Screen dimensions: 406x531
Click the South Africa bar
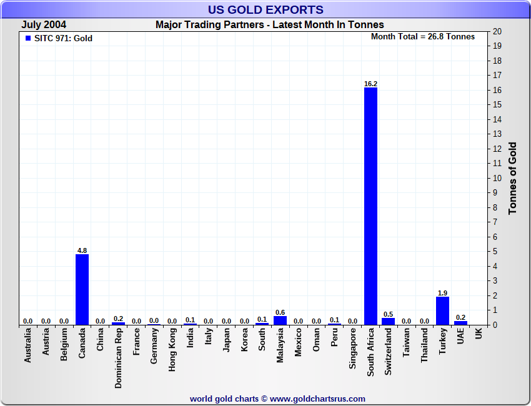(370, 206)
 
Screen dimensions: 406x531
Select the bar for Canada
(82, 289)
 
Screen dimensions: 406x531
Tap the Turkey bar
(442, 310)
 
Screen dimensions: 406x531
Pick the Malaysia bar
(280, 320)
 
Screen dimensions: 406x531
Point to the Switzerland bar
(389, 321)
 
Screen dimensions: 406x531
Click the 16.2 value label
(370, 84)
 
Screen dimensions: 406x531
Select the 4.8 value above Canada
(82, 250)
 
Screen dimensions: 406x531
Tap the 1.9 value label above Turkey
(442, 293)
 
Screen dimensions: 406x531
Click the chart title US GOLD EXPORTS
(265, 9)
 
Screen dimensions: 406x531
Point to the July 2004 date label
(44, 25)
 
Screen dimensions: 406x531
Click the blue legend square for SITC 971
(27, 38)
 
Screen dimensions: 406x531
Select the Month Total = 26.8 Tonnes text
(423, 37)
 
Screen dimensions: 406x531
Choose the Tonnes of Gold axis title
(512, 179)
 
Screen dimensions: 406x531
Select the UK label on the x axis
(479, 335)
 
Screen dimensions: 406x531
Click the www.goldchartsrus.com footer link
(317, 399)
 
